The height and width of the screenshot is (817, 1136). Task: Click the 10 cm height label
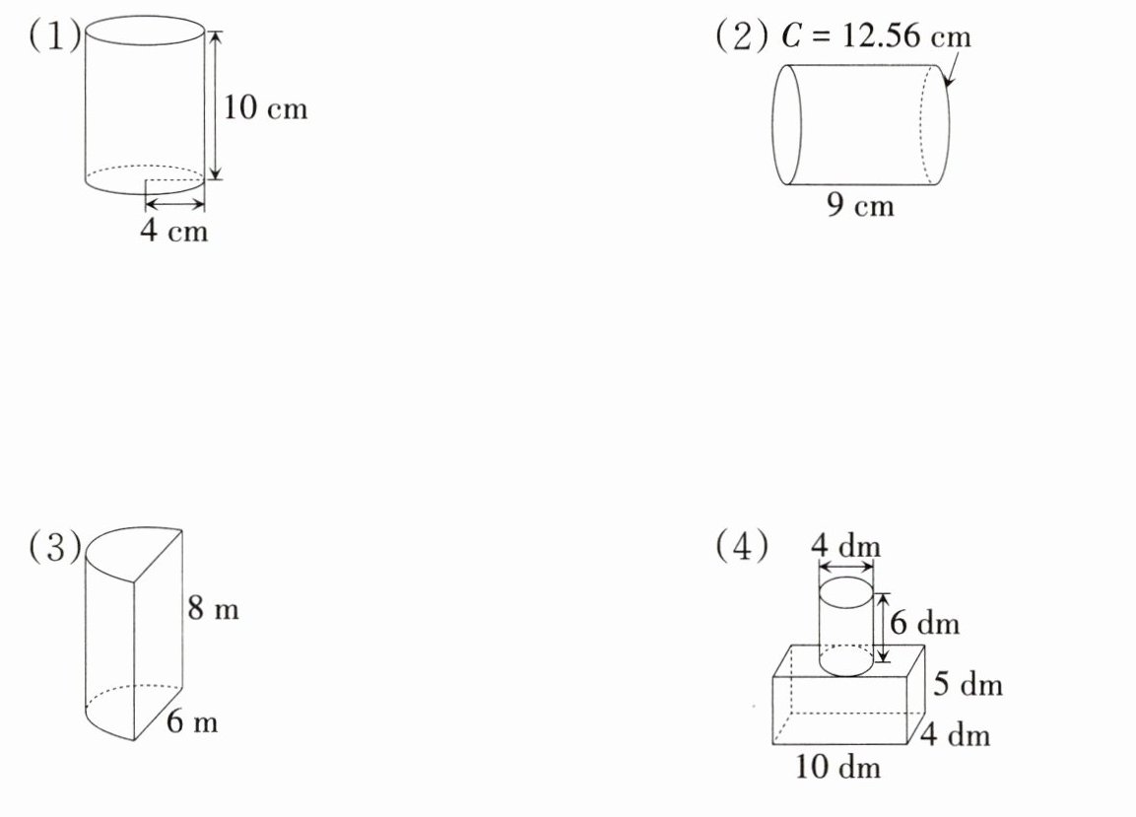click(265, 108)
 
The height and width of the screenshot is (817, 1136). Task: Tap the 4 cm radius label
click(173, 231)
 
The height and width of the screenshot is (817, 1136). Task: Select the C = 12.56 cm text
click(876, 35)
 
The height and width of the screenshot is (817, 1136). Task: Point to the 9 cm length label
click(860, 205)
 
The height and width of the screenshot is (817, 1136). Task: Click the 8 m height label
click(213, 607)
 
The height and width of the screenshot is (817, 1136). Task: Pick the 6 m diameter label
click(192, 721)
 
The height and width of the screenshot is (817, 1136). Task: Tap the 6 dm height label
click(924, 623)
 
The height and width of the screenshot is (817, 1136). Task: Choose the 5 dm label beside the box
click(968, 684)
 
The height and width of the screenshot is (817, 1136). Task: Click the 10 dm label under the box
click(837, 767)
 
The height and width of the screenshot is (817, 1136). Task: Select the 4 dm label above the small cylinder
click(845, 545)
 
